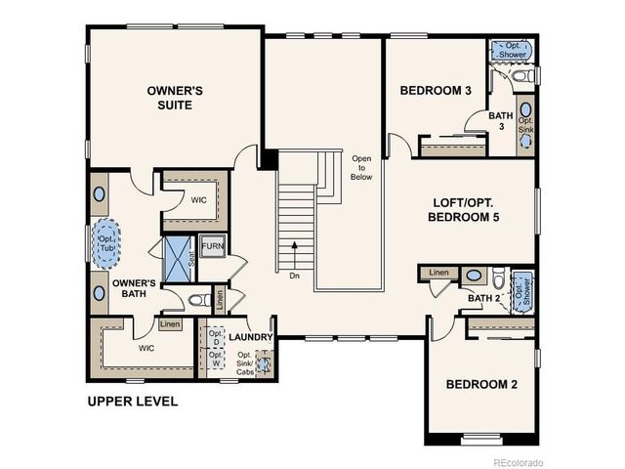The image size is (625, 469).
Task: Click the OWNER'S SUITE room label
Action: (175, 98)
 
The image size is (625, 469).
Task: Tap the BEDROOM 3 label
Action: (436, 91)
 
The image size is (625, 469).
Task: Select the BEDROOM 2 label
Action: (481, 384)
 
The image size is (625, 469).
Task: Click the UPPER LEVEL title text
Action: (133, 402)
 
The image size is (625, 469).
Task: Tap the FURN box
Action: (212, 245)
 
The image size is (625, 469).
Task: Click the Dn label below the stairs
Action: (294, 275)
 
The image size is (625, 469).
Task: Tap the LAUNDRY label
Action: (250, 337)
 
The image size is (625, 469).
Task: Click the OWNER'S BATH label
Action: (135, 288)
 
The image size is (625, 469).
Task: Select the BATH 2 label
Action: (483, 298)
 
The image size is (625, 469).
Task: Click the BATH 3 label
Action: (501, 120)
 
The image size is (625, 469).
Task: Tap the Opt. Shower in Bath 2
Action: (524, 291)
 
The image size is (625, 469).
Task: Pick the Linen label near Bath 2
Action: (438, 272)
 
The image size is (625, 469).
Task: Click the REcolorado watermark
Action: (519, 460)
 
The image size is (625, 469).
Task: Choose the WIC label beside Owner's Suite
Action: (198, 199)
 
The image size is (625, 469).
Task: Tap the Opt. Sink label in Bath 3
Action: (525, 125)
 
